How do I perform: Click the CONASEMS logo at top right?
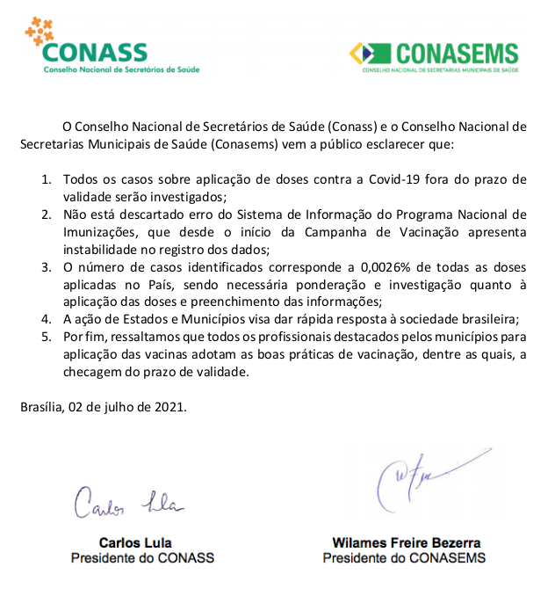tap(434, 55)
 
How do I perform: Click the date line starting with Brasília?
tap(103, 407)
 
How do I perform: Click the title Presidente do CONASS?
tap(142, 557)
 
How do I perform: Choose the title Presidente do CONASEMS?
tap(404, 557)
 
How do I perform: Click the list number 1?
tap(47, 178)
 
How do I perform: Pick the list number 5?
tap(47, 337)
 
